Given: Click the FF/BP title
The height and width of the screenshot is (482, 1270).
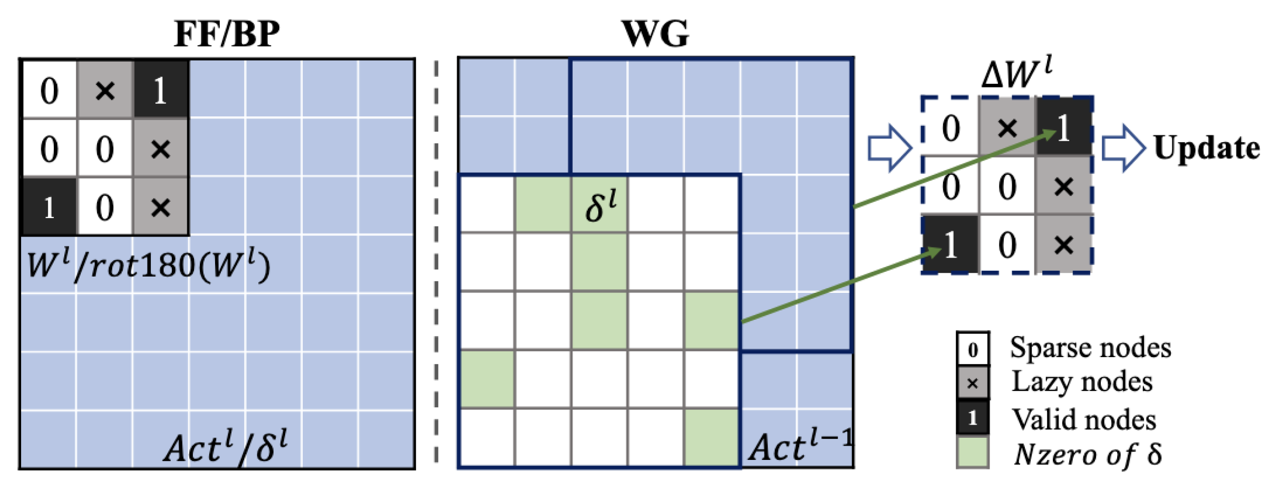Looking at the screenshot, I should (227, 34).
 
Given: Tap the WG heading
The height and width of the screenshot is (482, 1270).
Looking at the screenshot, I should (655, 34).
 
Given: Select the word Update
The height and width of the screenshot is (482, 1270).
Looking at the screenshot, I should (1206, 147).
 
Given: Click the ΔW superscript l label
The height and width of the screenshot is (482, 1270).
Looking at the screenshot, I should (1016, 74).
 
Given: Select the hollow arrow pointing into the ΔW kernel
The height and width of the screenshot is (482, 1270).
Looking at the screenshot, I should (889, 148).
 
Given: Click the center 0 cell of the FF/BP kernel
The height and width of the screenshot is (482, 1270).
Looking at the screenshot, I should (104, 149).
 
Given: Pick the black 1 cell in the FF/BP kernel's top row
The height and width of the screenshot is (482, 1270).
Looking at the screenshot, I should (160, 90).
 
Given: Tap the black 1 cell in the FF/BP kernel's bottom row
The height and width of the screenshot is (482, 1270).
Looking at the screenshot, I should (49, 207).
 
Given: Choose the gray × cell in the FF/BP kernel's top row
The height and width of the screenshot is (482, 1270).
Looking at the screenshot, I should (104, 90).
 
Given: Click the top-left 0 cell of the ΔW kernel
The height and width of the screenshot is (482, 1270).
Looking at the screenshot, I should (951, 128).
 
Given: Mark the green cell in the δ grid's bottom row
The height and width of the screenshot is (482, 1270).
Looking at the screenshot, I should (712, 437).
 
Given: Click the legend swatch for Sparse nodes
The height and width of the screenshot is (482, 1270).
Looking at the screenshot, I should (973, 349).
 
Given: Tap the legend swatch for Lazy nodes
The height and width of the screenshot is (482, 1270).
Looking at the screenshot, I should (973, 383).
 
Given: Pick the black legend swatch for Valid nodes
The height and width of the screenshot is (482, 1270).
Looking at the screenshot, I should (973, 418).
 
